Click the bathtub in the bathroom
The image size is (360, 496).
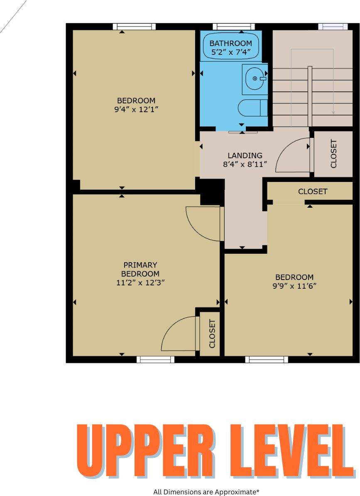(230, 47)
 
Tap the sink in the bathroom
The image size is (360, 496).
(255, 78)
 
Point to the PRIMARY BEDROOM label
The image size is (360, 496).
(140, 269)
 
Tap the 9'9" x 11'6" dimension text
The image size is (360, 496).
(294, 286)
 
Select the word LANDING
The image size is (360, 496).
(245, 156)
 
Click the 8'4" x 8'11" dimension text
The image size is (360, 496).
(245, 165)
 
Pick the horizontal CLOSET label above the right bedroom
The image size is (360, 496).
(313, 192)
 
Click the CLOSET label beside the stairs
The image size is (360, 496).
(333, 154)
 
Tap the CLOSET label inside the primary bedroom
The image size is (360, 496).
(212, 334)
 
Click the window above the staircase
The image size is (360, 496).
(333, 27)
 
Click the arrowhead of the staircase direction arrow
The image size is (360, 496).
(333, 112)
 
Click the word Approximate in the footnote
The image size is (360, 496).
(236, 492)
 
